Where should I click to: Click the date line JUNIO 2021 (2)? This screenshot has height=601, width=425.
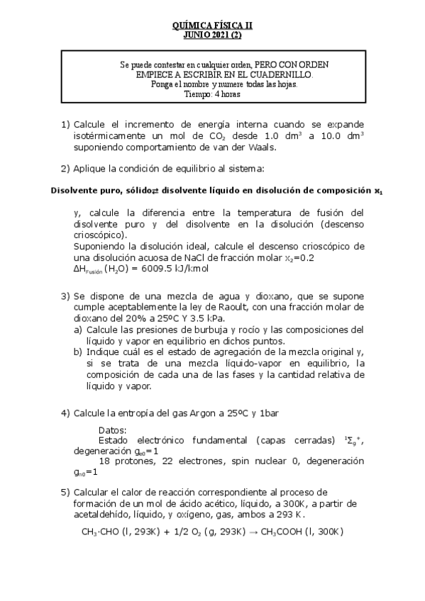coord(212,33)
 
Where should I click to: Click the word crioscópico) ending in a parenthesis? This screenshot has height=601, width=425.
coord(100,235)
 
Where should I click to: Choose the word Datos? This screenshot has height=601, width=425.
coord(114,430)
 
